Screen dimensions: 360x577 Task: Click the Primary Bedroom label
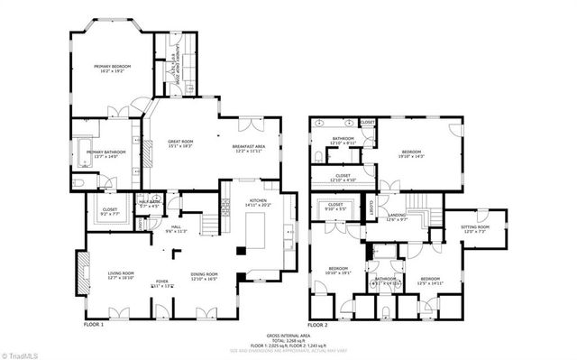(x=114, y=68)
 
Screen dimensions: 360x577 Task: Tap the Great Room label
(x=181, y=143)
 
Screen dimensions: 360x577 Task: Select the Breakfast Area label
(x=248, y=149)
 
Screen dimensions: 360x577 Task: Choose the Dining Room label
(x=205, y=276)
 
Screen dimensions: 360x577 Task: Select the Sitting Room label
(x=474, y=230)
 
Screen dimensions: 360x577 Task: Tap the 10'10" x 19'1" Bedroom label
(x=338, y=271)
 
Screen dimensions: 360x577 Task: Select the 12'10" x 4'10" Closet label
(x=343, y=178)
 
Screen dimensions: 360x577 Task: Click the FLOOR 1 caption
(x=94, y=324)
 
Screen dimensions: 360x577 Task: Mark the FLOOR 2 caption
(x=316, y=324)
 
